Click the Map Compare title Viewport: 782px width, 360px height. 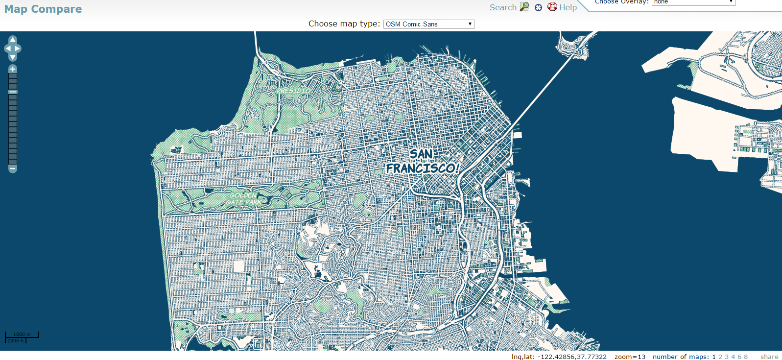pyautogui.click(x=43, y=9)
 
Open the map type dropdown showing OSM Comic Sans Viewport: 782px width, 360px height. pyautogui.click(x=429, y=24)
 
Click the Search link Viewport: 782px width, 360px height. pyautogui.click(x=503, y=7)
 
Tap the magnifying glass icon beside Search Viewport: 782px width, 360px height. pyautogui.click(x=524, y=7)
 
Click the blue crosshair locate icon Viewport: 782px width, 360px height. pyautogui.click(x=538, y=7)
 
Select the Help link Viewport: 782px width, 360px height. pyautogui.click(x=568, y=7)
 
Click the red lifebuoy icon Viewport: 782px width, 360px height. pyautogui.click(x=552, y=7)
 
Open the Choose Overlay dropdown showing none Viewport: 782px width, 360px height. pyautogui.click(x=693, y=2)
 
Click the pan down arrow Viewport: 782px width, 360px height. pyautogui.click(x=13, y=58)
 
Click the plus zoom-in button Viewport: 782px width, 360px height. pyautogui.click(x=13, y=69)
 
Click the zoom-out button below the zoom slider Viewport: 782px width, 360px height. pyautogui.click(x=13, y=169)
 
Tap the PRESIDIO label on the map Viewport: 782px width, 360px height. pyautogui.click(x=293, y=91)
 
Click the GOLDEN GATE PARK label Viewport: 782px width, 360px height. pyautogui.click(x=244, y=199)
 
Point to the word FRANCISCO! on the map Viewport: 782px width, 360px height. pyautogui.click(x=423, y=168)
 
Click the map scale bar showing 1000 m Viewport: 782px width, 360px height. pyautogui.click(x=22, y=337)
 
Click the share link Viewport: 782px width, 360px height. pyautogui.click(x=769, y=357)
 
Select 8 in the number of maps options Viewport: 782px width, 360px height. pyautogui.click(x=746, y=357)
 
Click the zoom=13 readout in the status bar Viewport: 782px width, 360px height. pyautogui.click(x=630, y=357)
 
